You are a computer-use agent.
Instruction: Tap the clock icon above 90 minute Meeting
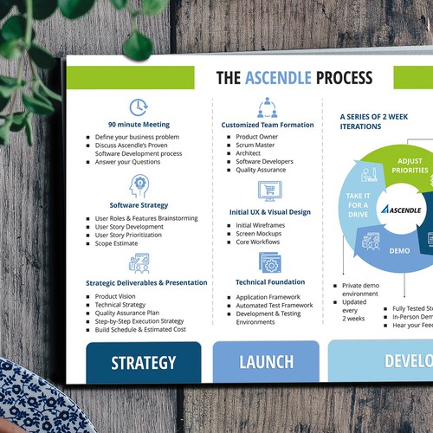click(x=139, y=107)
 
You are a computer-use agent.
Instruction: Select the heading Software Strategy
click(x=139, y=205)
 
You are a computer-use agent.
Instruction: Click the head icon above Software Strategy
click(x=139, y=185)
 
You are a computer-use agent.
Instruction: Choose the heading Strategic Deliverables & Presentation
click(x=146, y=282)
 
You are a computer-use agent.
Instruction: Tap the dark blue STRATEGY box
click(x=143, y=362)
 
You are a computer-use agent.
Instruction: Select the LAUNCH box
click(x=266, y=362)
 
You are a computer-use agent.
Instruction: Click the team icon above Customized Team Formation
click(x=266, y=107)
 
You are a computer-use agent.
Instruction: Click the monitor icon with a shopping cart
click(x=266, y=191)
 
